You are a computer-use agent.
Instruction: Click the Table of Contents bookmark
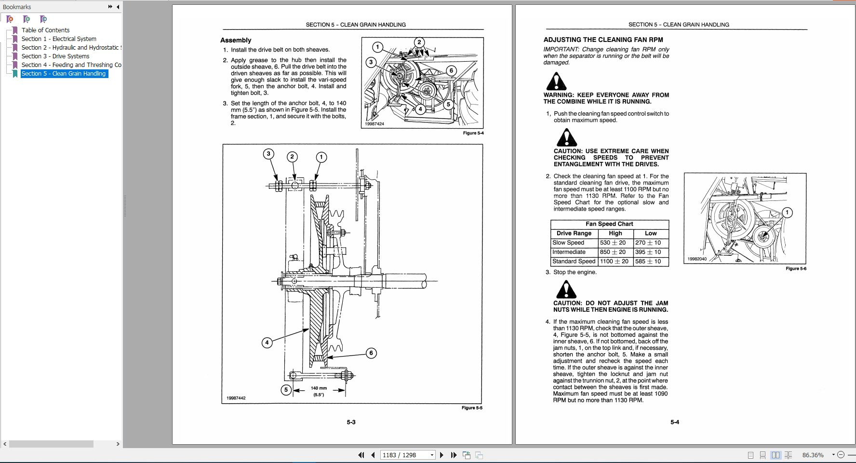(45, 30)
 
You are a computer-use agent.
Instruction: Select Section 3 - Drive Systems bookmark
(55, 56)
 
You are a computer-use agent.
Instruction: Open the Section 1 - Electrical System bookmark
(58, 39)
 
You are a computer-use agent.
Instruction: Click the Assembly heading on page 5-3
(236, 40)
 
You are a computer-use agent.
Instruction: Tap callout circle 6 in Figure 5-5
(371, 353)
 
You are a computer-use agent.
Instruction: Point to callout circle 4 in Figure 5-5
(267, 343)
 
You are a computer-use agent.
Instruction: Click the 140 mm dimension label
(319, 388)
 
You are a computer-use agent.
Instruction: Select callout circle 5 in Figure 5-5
(286, 390)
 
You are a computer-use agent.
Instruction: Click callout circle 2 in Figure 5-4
(419, 42)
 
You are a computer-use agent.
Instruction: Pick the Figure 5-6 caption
(796, 268)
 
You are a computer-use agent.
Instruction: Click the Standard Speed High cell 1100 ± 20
(614, 261)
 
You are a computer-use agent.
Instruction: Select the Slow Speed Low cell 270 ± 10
(648, 243)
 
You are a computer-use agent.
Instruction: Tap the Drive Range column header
(574, 233)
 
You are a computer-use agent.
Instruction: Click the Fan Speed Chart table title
(609, 224)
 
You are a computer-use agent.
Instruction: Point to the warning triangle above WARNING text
(556, 81)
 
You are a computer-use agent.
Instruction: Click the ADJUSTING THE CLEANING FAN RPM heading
(603, 40)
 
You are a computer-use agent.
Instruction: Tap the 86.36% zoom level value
(813, 455)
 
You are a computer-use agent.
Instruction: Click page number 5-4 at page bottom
(674, 422)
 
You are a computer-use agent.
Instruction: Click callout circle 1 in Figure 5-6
(787, 212)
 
